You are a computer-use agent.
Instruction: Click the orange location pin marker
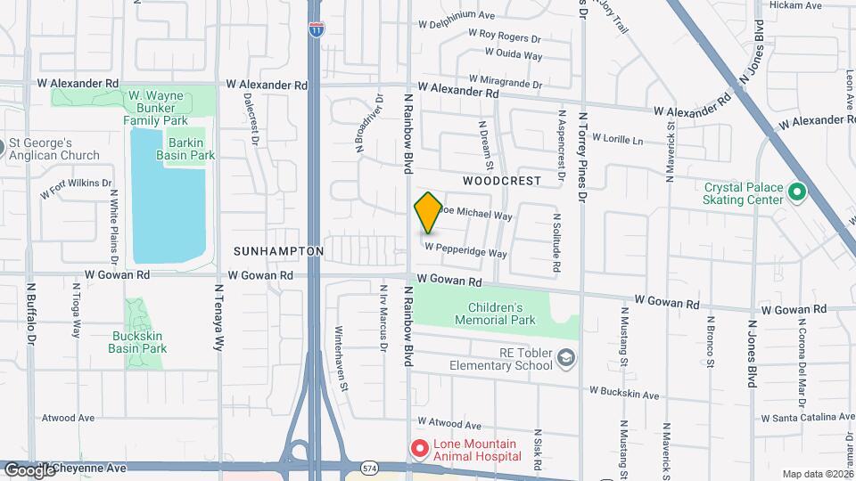click(428, 212)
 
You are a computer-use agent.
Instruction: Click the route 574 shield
click(369, 466)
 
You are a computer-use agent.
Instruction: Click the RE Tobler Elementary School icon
click(564, 359)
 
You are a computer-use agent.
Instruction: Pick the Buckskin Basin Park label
click(138, 342)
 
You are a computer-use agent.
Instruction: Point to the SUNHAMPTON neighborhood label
click(279, 252)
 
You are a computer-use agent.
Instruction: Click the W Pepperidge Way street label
click(465, 250)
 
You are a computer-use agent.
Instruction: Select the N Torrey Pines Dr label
click(583, 151)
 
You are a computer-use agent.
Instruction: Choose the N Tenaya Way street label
click(218, 317)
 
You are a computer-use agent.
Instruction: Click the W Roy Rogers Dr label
click(505, 37)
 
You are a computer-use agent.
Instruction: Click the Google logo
click(29, 469)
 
